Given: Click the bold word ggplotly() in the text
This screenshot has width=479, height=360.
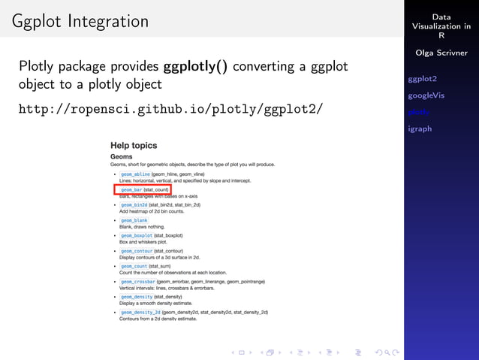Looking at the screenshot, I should point(195,66).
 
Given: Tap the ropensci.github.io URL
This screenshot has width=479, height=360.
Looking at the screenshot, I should point(170,110).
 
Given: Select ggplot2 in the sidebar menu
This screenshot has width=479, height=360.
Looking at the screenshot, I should point(422,79).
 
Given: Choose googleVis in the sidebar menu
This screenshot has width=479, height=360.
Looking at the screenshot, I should point(426,95).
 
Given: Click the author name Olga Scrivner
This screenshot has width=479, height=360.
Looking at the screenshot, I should point(441,53).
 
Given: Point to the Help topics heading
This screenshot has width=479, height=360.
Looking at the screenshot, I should point(134,144).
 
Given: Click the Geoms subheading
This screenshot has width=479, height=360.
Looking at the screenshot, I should point(122,157).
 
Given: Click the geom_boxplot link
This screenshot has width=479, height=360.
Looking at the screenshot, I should point(136,235).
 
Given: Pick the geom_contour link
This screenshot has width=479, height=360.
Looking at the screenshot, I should point(136,251).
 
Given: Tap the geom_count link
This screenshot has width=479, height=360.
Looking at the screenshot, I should point(134,266).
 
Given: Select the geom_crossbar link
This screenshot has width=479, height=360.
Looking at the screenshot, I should point(137,282).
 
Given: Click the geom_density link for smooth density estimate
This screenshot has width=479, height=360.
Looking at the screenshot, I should point(136,297).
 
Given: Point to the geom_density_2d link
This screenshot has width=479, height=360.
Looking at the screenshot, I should point(140,312).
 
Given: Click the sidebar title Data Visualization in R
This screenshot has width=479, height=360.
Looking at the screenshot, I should point(441,26).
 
